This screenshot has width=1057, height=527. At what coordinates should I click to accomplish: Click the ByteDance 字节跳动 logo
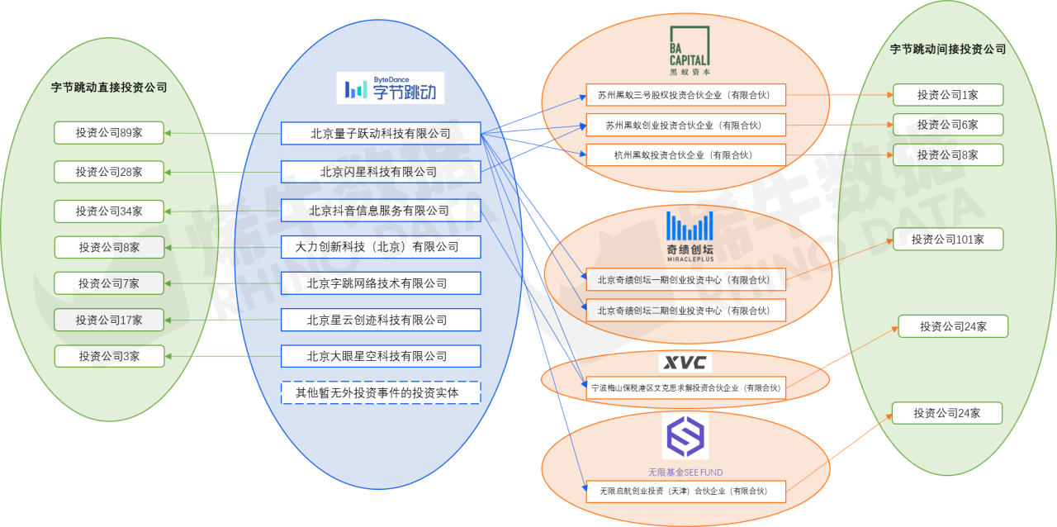point(390,88)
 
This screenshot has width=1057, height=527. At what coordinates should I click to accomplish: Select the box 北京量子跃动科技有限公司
point(381,134)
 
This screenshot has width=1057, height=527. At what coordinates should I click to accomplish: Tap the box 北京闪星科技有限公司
point(381,172)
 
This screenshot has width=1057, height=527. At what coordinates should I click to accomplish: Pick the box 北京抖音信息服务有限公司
point(381,211)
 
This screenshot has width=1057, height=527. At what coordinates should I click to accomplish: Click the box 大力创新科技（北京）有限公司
point(381,247)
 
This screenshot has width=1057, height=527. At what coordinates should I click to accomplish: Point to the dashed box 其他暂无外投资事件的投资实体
point(381,392)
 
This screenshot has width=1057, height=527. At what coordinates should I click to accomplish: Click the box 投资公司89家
point(109,133)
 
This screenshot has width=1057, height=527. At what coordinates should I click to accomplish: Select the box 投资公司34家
point(109,211)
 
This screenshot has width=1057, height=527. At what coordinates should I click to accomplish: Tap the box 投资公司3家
point(109,357)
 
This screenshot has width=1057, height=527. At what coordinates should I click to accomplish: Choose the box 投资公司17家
point(109,320)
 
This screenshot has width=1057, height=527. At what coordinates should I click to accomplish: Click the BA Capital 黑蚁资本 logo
point(688,47)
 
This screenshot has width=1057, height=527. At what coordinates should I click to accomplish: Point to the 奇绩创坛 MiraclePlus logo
point(690,235)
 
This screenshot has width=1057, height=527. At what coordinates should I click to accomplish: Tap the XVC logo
point(685,363)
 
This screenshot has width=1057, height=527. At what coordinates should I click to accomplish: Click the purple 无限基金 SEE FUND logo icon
point(685,437)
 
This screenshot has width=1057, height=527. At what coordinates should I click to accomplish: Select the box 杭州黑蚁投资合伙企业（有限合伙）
point(685,155)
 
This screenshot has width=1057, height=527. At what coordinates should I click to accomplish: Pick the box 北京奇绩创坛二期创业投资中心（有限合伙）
point(685,311)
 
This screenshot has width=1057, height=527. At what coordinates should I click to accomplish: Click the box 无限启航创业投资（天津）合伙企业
point(685,491)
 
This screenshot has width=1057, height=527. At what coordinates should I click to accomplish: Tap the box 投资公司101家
point(947,240)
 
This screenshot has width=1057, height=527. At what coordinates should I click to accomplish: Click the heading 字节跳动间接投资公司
point(948,49)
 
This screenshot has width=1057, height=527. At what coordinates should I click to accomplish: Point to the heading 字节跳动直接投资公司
point(109,87)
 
